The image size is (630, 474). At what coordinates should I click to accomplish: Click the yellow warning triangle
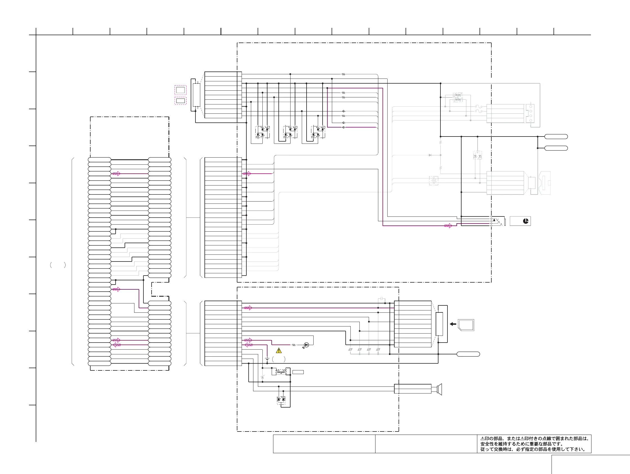pyautogui.click(x=279, y=351)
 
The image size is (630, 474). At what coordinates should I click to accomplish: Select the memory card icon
pyautogui.click(x=466, y=325)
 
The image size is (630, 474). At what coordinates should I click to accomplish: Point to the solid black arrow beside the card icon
pyautogui.click(x=453, y=324)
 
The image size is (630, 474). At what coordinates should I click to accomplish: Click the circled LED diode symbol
pyautogui.click(x=307, y=345)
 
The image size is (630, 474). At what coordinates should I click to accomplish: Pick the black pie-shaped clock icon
pyautogui.click(x=526, y=221)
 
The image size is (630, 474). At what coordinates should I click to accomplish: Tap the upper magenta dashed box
pyautogui.click(x=180, y=90)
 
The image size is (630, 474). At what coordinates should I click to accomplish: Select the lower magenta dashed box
pyautogui.click(x=180, y=100)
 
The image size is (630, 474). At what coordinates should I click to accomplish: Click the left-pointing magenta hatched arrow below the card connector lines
pyautogui.click(x=248, y=345)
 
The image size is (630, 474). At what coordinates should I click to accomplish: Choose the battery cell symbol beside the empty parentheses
pyautogui.click(x=267, y=360)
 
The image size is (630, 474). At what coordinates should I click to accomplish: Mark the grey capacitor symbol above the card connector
pyautogui.click(x=382, y=299)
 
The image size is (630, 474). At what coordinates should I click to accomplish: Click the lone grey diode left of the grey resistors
pyautogui.click(x=430, y=155)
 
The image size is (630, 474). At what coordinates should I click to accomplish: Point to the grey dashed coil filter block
pyautogui.click(x=433, y=181)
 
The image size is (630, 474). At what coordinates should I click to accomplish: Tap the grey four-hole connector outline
pyautogui.click(x=530, y=113)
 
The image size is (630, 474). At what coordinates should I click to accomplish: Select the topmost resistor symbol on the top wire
pyautogui.click(x=343, y=74)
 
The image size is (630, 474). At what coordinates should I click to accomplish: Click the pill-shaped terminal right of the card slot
pyautogui.click(x=468, y=354)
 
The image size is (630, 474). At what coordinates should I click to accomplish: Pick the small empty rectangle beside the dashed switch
pyautogui.click(x=298, y=372)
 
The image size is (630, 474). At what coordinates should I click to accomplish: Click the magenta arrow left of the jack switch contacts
pyautogui.click(x=448, y=226)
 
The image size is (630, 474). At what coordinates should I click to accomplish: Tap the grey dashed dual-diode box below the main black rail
pyautogui.click(x=477, y=155)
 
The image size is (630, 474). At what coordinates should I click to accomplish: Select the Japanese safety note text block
pyautogui.click(x=534, y=444)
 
